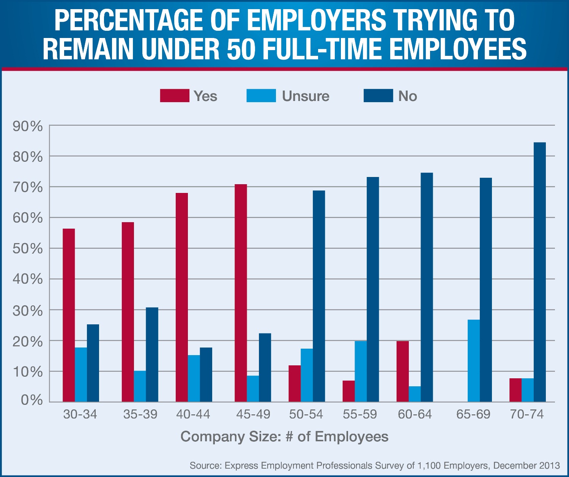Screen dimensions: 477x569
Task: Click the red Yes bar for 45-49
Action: click(241, 293)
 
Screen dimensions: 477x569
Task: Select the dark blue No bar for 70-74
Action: click(539, 272)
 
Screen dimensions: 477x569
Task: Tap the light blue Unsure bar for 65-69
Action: click(473, 360)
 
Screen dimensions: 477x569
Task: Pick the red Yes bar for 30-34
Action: click(69, 315)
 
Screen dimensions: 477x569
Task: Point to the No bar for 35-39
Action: click(152, 354)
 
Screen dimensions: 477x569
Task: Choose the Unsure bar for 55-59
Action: click(361, 371)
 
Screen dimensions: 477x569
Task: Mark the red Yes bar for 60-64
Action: click(402, 371)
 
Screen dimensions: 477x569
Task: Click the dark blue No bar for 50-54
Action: click(319, 296)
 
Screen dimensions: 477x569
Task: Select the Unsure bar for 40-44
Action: click(194, 378)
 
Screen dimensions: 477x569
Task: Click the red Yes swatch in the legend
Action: click(175, 96)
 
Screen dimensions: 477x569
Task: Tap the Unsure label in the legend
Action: click(306, 96)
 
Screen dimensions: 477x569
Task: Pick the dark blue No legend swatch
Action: click(378, 96)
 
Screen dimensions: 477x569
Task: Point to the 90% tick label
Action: click(28, 126)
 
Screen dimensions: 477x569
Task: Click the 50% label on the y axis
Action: click(28, 249)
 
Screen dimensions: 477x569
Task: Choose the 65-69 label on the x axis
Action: click(473, 414)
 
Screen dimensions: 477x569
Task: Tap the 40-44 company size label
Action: click(193, 414)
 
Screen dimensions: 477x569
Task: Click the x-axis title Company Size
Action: click(284, 437)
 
